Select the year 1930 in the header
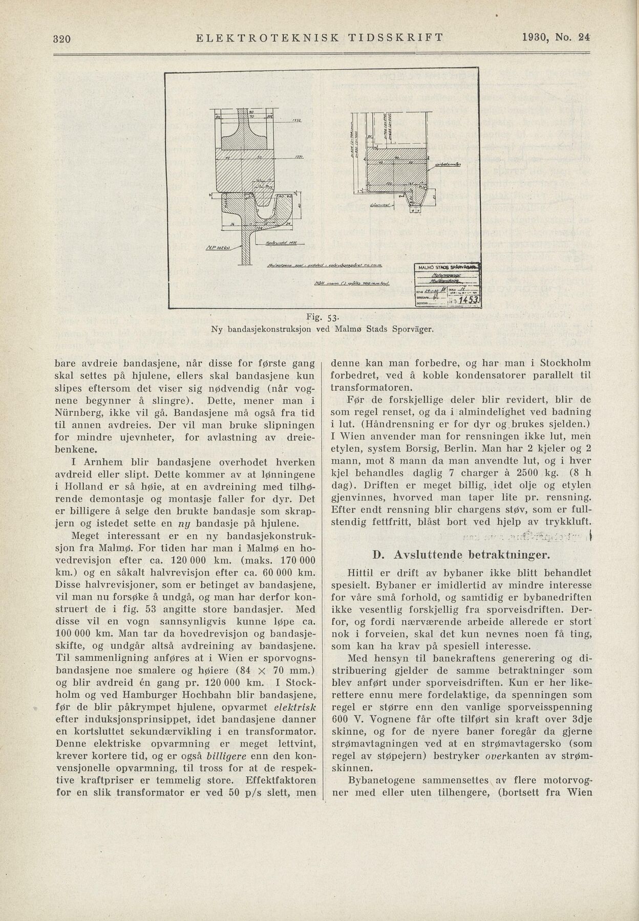[537, 37]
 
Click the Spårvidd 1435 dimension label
[279, 244]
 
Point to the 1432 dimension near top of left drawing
[296, 121]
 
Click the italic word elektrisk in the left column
[295, 707]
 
